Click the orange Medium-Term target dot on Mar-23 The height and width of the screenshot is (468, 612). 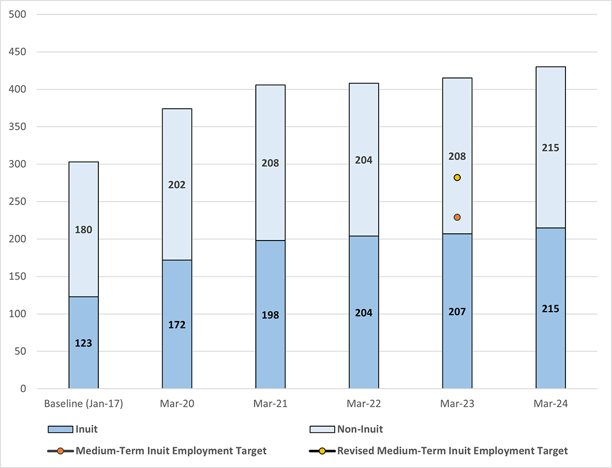(457, 217)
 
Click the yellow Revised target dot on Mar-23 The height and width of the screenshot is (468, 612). (457, 178)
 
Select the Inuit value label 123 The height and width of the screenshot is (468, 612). (84, 344)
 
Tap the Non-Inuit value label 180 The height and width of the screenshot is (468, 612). (84, 230)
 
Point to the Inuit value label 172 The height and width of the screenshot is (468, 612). (177, 325)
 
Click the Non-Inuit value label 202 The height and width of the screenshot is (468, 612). (177, 185)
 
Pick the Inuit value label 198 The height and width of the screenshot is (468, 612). (270, 315)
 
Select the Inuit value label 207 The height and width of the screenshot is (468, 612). (457, 312)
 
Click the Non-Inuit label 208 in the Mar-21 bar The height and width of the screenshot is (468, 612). (270, 163)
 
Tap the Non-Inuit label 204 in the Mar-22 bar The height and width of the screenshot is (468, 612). (364, 160)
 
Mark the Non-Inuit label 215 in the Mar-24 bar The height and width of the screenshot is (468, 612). (550, 148)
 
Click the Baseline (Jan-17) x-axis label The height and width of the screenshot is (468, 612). (84, 404)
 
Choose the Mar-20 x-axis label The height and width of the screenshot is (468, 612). (177, 404)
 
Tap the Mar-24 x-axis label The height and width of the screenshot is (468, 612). (550, 404)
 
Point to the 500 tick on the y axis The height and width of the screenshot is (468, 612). (18, 15)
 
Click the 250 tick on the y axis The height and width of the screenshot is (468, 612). (18, 202)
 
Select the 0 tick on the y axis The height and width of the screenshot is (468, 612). (23, 389)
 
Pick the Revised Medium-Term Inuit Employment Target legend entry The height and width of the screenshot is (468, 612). (452, 450)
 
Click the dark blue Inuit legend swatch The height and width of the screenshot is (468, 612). (60, 429)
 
